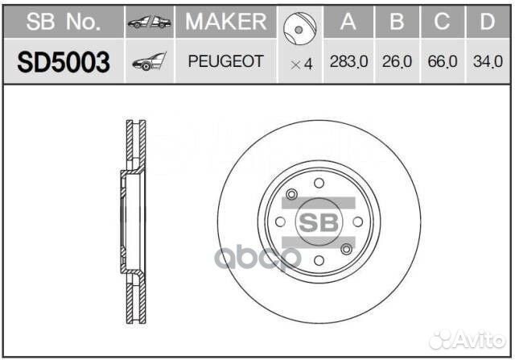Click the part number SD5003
pos(63,61)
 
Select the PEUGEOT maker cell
pos(225,61)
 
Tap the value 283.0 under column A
pos(348,61)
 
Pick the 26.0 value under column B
pos(396,61)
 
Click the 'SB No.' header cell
pos(63,22)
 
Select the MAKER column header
pos(225,22)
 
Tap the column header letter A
pos(348,22)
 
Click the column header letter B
pos(396,22)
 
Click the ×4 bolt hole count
pos(300,64)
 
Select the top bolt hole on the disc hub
pos(319,182)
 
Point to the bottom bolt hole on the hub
pos(319,261)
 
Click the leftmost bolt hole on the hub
pos(279,221)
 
